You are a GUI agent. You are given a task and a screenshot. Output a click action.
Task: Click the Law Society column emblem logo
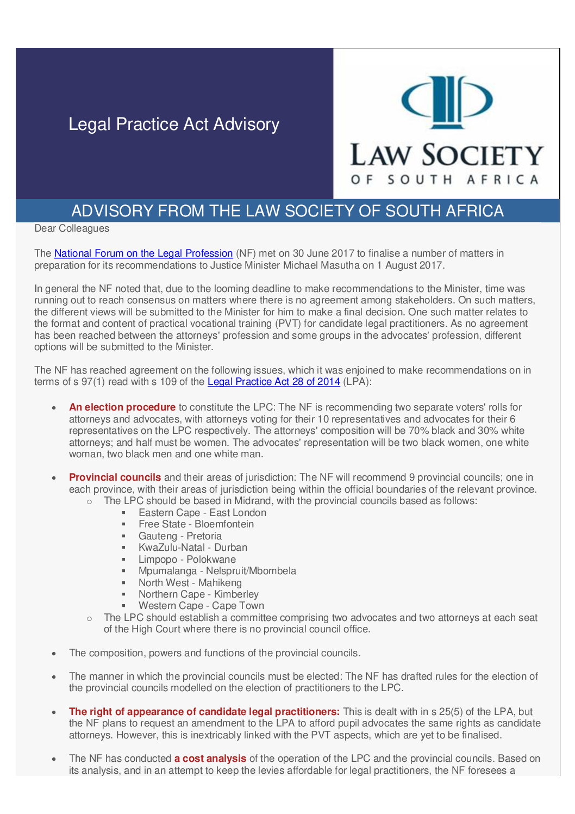(x=447, y=102)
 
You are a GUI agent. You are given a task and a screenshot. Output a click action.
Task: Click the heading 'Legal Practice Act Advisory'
(x=174, y=125)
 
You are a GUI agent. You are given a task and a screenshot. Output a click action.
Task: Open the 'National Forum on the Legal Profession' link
(x=143, y=253)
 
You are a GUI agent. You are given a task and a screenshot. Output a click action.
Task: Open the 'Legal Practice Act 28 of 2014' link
(x=273, y=382)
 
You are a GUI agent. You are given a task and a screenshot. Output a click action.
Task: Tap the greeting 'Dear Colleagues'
(x=72, y=228)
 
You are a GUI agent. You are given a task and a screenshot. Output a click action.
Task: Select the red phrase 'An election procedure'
(x=122, y=407)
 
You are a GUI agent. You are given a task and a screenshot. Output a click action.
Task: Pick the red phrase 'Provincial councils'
(x=115, y=477)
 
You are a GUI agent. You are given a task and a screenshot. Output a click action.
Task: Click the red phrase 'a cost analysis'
(x=210, y=759)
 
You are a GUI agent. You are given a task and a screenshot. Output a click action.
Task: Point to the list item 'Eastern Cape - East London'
(x=202, y=513)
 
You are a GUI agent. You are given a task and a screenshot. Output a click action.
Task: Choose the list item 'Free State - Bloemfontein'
(x=196, y=524)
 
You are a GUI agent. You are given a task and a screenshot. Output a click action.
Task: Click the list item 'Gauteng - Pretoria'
(x=180, y=536)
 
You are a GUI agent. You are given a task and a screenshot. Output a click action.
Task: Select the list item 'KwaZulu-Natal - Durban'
(x=192, y=548)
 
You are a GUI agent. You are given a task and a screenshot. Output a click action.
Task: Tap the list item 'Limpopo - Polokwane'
(x=187, y=560)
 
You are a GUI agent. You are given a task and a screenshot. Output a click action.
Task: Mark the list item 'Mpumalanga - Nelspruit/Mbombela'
(x=217, y=571)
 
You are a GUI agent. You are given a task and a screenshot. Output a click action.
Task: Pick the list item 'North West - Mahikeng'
(x=190, y=583)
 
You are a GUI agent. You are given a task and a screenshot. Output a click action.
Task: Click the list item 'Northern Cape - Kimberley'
(x=198, y=594)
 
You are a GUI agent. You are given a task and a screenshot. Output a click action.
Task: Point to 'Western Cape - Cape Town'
(x=201, y=606)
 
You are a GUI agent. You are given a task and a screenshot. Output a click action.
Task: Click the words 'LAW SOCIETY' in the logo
(x=447, y=156)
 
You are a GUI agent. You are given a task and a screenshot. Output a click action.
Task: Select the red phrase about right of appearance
(x=204, y=712)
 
